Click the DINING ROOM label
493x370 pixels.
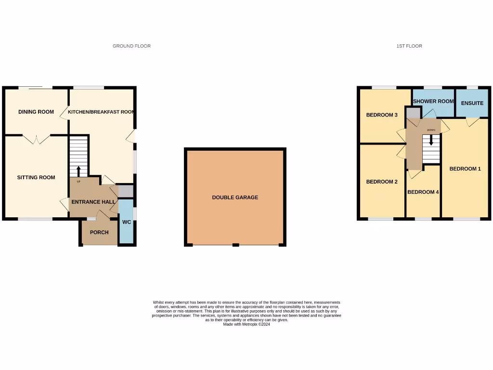click(36, 112)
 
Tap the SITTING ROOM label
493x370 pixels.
click(36, 177)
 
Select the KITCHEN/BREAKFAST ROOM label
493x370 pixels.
click(101, 112)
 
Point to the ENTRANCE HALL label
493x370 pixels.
click(93, 201)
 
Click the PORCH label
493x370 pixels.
click(100, 232)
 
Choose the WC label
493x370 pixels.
click(127, 222)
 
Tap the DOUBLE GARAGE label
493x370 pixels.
click(235, 198)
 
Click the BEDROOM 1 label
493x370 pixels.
click(465, 169)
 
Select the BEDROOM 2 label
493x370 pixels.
click(382, 182)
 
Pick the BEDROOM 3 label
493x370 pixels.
click(382, 115)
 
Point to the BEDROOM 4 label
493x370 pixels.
click(423, 192)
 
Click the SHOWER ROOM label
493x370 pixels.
click(433, 101)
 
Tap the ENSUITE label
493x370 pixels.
click(472, 103)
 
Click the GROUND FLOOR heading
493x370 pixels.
click(131, 46)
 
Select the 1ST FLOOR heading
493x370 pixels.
click(409, 46)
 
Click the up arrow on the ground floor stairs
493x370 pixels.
click(79, 171)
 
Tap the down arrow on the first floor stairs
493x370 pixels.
click(431, 140)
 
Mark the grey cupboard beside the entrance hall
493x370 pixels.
click(125, 191)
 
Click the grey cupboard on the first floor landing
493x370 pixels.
click(413, 113)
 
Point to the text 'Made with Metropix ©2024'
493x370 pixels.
click(246, 325)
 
